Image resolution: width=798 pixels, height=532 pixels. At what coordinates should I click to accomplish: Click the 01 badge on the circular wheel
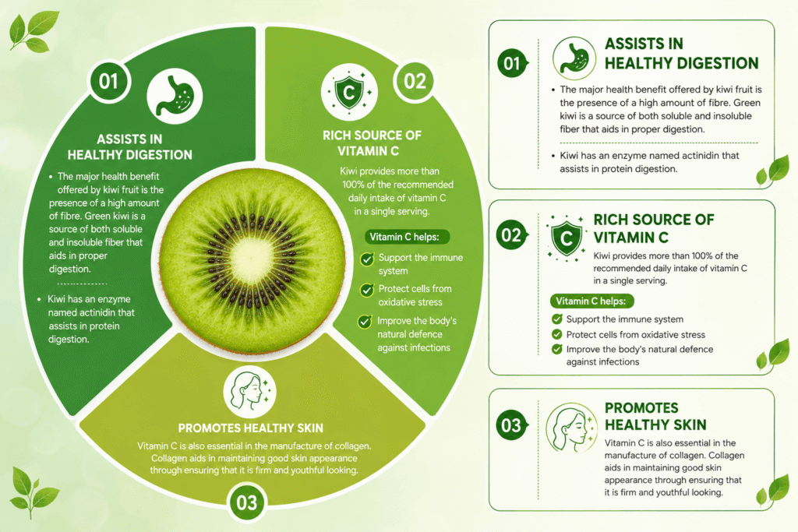coord(108,81)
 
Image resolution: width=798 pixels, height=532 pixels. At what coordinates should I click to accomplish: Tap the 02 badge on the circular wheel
coord(415,81)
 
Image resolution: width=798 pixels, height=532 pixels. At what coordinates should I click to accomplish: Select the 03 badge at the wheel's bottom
coord(247,502)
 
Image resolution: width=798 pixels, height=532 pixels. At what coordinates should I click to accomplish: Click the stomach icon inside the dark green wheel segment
coord(175,97)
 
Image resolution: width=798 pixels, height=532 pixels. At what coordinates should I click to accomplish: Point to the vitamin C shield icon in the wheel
coord(349,92)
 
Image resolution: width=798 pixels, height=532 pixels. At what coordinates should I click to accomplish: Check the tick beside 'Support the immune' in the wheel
coord(366,259)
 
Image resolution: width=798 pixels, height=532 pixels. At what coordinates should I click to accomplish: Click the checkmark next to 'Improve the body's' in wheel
coord(365,322)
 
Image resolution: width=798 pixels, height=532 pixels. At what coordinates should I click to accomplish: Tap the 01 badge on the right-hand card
coord(512,64)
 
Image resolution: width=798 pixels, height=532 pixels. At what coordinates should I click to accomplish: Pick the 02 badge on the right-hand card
coord(512,235)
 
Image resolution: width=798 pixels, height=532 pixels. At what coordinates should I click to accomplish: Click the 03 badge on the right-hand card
coord(512,425)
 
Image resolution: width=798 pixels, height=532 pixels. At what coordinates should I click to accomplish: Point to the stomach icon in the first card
coord(574,58)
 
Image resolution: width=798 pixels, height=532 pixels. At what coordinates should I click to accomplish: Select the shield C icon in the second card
coord(566,238)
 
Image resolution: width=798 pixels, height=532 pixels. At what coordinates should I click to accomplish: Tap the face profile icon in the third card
coord(571,428)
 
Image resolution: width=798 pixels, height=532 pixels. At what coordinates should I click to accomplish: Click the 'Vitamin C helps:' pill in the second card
coord(592,301)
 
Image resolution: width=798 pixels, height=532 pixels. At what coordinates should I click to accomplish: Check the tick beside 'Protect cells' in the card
coord(557,335)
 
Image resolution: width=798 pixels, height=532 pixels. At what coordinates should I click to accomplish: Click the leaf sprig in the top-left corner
coord(34,31)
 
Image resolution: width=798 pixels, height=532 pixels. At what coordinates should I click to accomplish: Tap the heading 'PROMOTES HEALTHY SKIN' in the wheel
coord(251,428)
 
